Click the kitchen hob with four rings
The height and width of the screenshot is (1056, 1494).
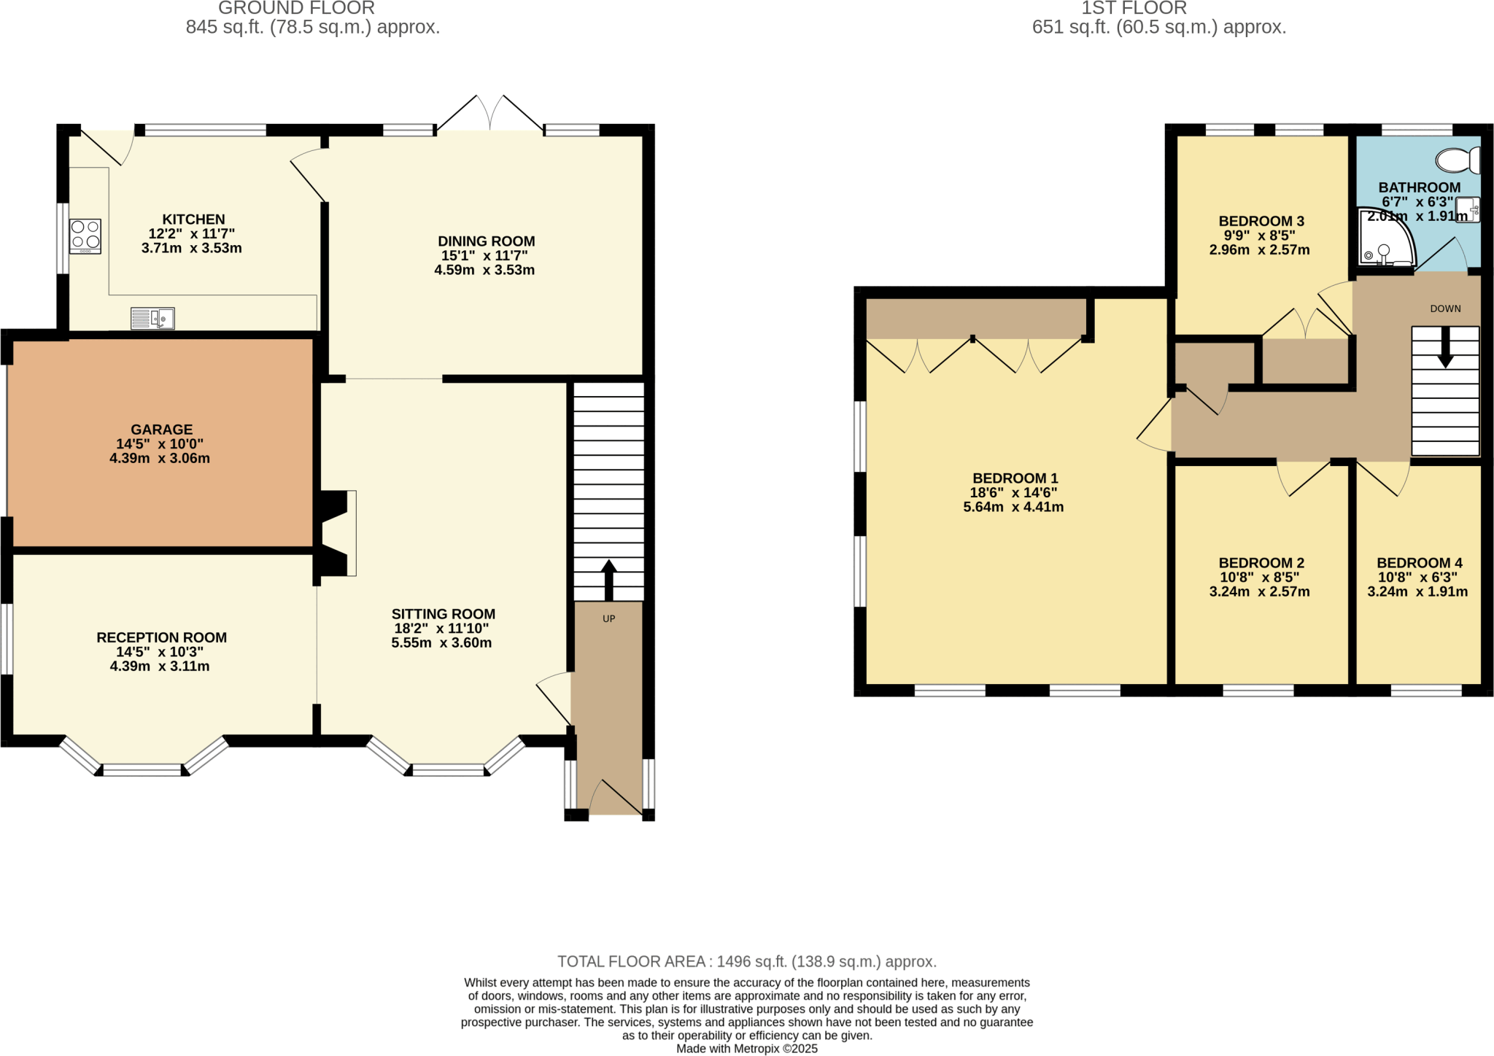pyautogui.click(x=85, y=236)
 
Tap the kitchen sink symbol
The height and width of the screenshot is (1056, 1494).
pyautogui.click(x=152, y=319)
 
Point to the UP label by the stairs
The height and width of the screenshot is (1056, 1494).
pyautogui.click(x=608, y=618)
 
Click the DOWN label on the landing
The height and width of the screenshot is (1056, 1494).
pyautogui.click(x=1445, y=308)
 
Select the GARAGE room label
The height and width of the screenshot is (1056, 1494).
pyautogui.click(x=162, y=430)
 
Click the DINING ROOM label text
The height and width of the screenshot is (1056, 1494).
pyautogui.click(x=486, y=241)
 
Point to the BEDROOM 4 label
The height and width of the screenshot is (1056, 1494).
pyautogui.click(x=1419, y=563)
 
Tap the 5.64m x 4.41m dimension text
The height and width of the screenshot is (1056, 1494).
pyautogui.click(x=1013, y=507)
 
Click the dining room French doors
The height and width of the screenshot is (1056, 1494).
pyautogui.click(x=489, y=114)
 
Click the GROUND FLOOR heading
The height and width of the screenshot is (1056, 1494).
pyautogui.click(x=296, y=8)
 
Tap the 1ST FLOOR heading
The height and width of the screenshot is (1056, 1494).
pyautogui.click(x=1134, y=8)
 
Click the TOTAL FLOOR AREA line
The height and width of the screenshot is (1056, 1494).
pyautogui.click(x=746, y=961)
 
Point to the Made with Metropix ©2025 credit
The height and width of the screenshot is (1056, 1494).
pyautogui.click(x=746, y=1049)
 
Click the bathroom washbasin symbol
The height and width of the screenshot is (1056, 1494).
pyautogui.click(x=1468, y=210)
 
